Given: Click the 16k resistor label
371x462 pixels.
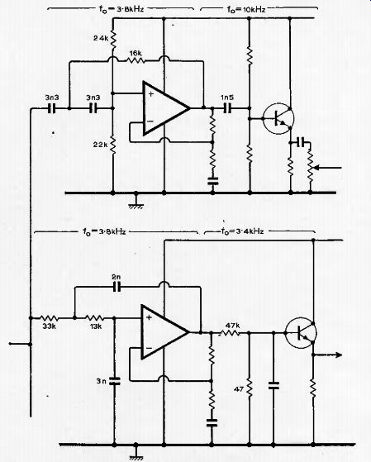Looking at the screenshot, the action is tap(136, 54).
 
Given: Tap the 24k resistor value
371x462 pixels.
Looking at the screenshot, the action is tap(101, 38).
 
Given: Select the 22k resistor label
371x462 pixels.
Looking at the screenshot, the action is tap(101, 145).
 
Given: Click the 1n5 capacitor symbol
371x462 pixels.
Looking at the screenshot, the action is tap(227, 108).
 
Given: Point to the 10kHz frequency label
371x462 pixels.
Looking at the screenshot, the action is tap(246, 9).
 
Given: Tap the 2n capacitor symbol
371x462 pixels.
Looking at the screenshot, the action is tap(117, 287).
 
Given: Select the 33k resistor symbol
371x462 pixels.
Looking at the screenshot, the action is tap(49, 318).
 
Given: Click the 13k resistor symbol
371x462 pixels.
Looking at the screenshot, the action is tap(94, 318).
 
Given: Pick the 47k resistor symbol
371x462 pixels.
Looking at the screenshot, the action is tap(231, 333).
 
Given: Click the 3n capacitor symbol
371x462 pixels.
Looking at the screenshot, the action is tap(115, 381).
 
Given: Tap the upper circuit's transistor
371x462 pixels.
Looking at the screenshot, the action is tap(278, 118).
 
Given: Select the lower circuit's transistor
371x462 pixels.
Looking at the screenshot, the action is tap(301, 333).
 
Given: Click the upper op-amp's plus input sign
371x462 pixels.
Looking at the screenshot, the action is tap(151, 94).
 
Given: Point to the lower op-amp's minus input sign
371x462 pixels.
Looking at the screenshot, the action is tap(149, 348).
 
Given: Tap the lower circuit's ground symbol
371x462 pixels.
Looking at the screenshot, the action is tap(136, 452).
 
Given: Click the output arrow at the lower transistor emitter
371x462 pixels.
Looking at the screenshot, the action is tap(328, 355).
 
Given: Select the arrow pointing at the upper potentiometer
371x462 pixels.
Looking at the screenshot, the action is tap(328, 168).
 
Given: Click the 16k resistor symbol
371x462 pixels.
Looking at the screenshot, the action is tap(136, 60).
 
